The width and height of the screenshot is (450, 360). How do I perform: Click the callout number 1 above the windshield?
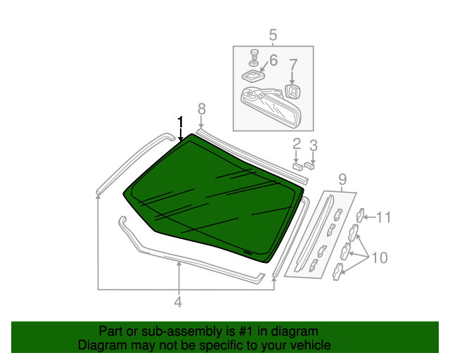(181, 122)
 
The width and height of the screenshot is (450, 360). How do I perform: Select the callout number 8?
(202, 108)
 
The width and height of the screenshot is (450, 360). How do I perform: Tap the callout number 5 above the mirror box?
(273, 34)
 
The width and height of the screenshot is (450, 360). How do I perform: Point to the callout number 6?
(273, 60)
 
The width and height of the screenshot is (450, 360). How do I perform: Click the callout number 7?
(293, 65)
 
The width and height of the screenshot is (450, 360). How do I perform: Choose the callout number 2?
(297, 145)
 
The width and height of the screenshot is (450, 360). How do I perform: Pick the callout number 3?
(314, 146)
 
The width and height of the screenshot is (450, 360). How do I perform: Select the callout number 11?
(382, 217)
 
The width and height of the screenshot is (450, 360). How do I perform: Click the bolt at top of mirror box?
(252, 54)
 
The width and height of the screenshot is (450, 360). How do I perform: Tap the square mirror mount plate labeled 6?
(252, 73)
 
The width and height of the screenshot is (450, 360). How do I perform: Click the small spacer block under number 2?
(297, 167)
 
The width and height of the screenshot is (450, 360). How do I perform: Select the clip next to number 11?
(360, 217)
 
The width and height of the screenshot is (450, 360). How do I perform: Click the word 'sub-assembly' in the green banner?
(162, 331)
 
